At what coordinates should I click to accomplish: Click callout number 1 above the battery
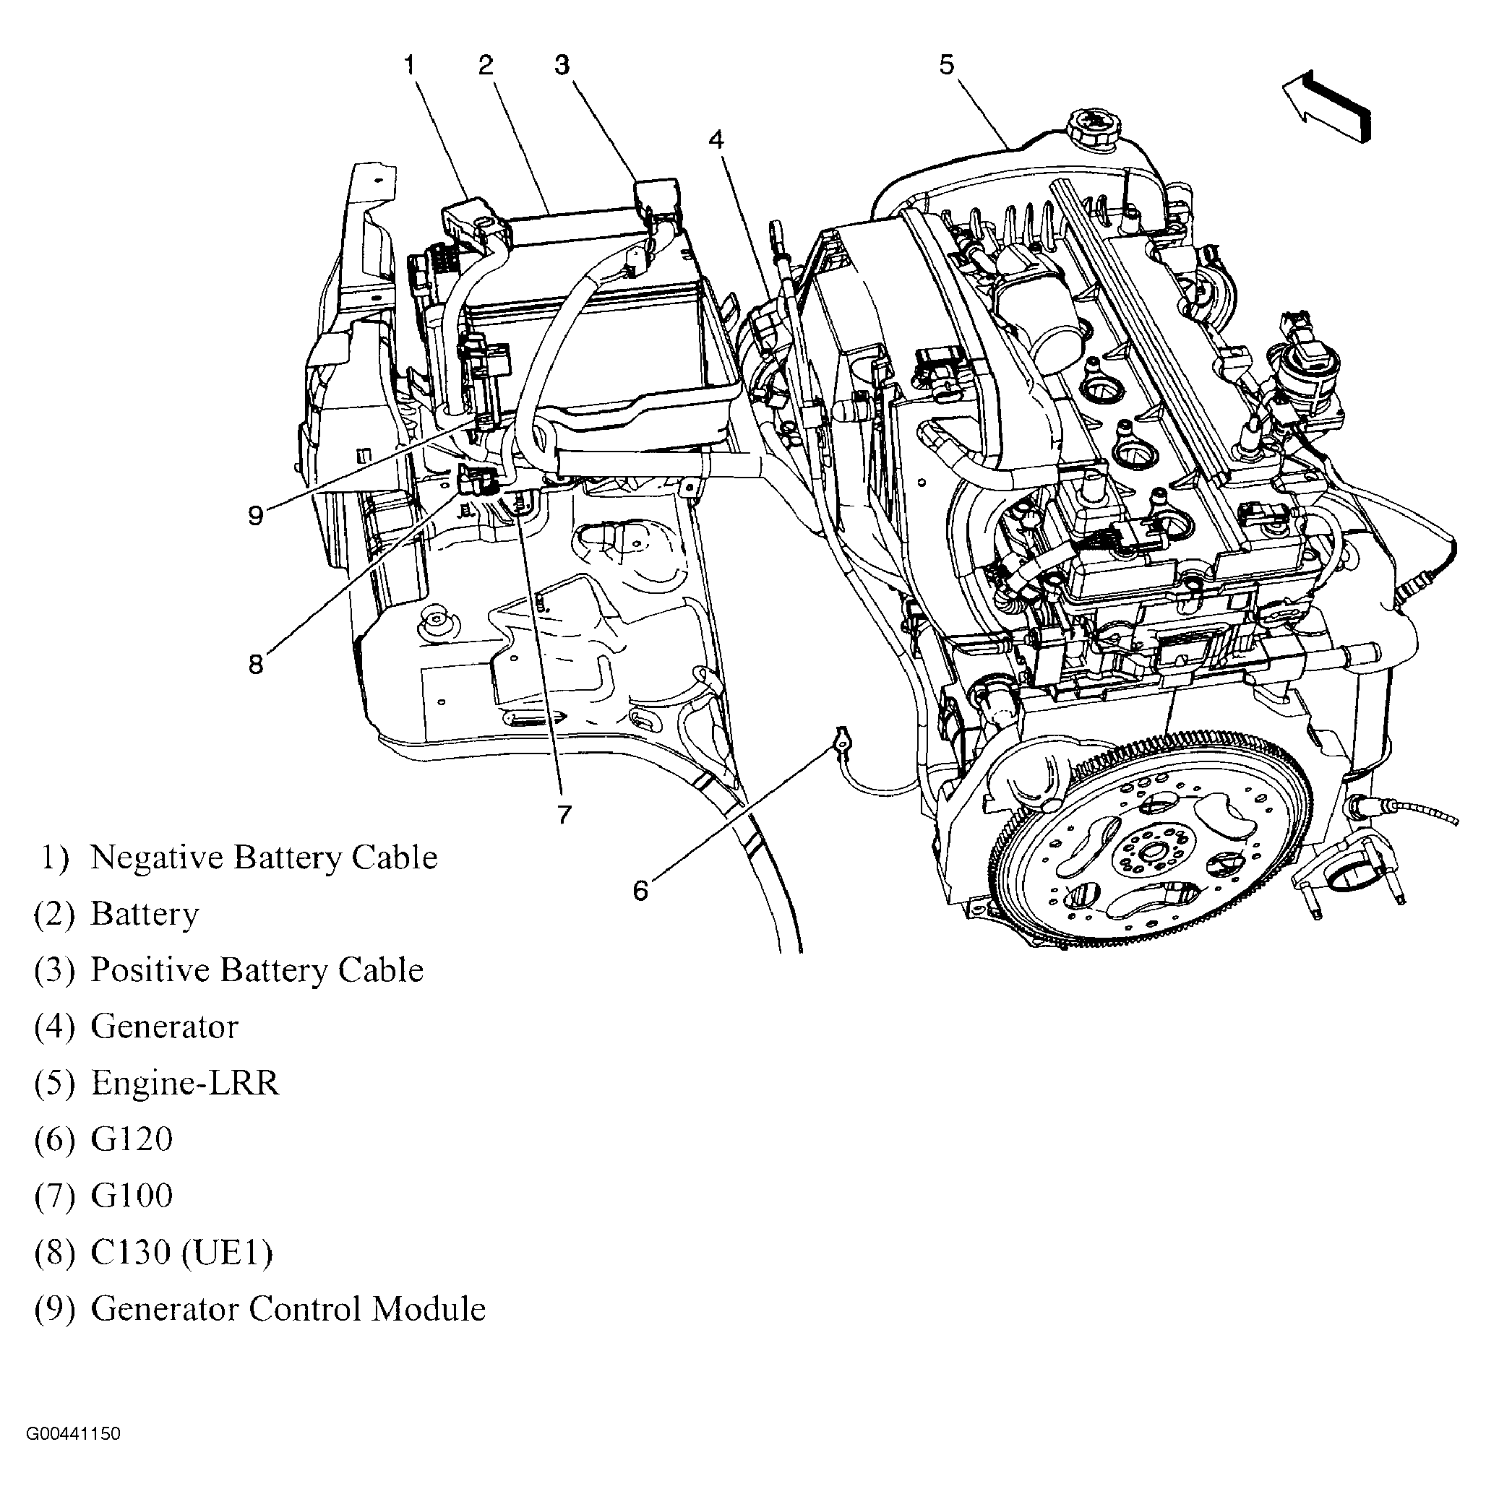[x=410, y=64]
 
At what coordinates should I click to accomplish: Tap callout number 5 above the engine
[x=947, y=64]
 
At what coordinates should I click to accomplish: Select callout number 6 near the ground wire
[x=640, y=891]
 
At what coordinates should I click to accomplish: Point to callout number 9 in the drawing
[x=255, y=515]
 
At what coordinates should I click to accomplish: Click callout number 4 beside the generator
[x=716, y=140]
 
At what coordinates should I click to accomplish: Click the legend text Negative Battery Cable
[x=264, y=858]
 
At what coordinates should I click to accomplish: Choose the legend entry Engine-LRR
[x=184, y=1083]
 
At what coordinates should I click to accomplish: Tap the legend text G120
[x=132, y=1139]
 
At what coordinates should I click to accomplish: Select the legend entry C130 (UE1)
[x=182, y=1252]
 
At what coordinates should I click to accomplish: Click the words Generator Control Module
[x=288, y=1308]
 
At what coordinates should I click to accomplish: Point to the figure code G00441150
[x=74, y=1435]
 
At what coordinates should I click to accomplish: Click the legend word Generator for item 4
[x=164, y=1026]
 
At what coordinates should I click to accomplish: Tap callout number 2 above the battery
[x=485, y=64]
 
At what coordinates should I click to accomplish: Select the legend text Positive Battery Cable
[x=257, y=970]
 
